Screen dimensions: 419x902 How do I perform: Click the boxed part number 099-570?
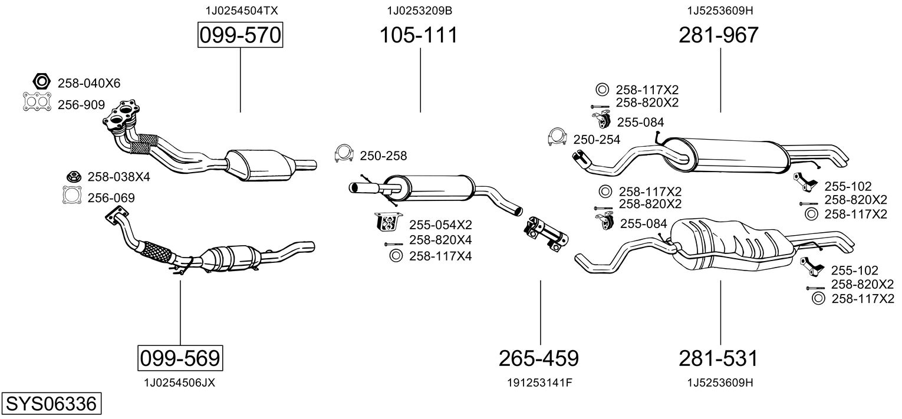[240, 36]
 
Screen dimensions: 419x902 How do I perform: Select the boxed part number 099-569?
[180, 358]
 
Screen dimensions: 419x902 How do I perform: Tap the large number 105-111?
[418, 36]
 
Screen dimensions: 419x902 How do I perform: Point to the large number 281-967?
[719, 36]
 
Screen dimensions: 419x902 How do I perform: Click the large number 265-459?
[539, 358]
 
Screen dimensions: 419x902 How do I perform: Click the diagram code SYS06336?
[51, 404]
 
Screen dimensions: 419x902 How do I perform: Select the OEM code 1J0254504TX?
[242, 11]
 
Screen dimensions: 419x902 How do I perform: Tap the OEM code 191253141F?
[539, 382]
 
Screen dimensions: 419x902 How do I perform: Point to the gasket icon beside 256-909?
[37, 103]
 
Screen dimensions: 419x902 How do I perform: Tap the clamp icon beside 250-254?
[557, 137]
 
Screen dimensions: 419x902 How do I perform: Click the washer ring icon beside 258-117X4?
[396, 256]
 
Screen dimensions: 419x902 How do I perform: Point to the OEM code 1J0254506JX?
[179, 382]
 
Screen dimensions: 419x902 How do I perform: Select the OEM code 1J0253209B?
[420, 11]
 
